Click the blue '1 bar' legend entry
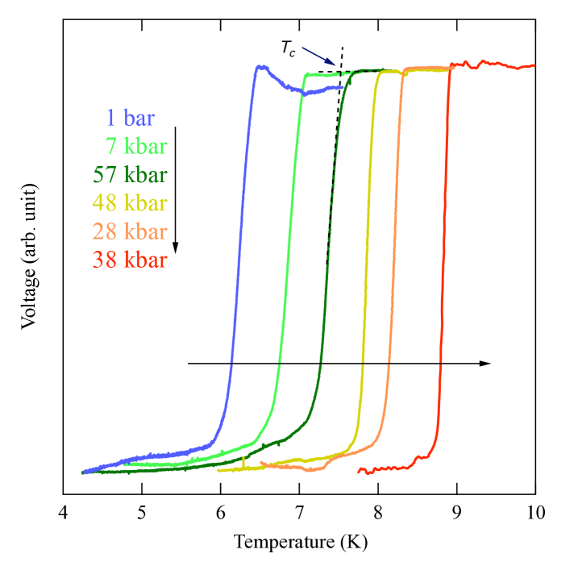click(129, 119)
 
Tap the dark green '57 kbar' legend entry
click(130, 175)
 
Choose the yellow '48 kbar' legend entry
click(130, 203)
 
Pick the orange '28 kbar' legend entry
click(130, 231)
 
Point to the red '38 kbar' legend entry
click(130, 260)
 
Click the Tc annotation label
click(287, 48)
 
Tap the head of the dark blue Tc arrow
click(336, 65)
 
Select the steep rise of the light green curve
click(290, 242)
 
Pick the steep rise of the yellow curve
click(368, 242)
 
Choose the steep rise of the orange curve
click(393, 242)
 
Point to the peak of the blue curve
click(259, 67)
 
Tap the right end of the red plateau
click(534, 65)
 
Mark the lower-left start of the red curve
click(359, 471)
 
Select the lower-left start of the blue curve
click(84, 472)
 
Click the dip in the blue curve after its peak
click(304, 94)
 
